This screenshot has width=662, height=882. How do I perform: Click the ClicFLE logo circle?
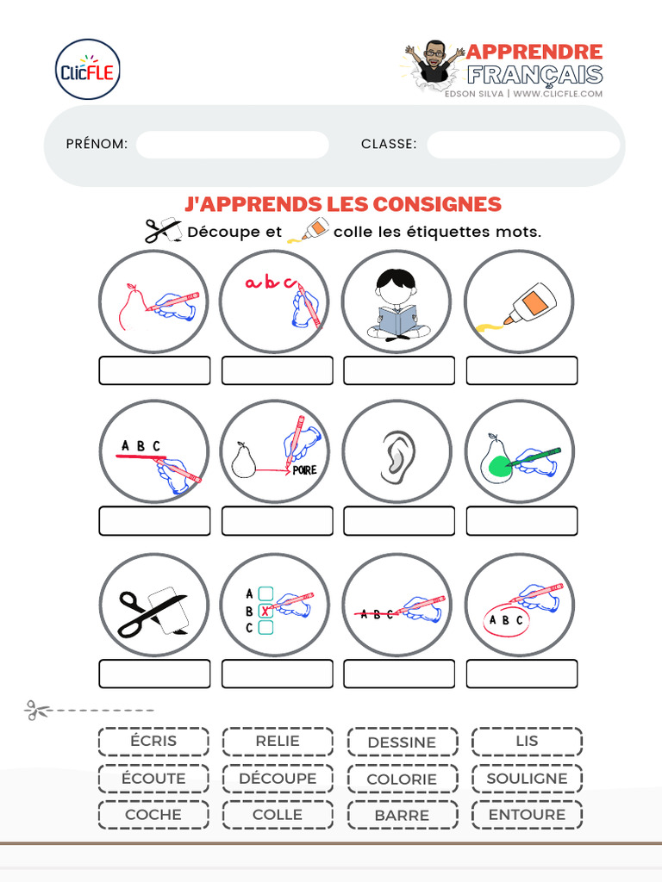point(87,70)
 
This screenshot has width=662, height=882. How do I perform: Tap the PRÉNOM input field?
point(232,145)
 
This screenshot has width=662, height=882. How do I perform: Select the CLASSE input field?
point(522,145)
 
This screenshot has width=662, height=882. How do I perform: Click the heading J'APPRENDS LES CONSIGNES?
point(342,204)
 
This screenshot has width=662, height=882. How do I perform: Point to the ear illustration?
point(397,451)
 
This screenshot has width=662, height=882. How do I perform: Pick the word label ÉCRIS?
point(153,741)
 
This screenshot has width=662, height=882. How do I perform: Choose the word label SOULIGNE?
point(527,779)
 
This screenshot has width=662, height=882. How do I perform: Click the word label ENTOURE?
point(527,815)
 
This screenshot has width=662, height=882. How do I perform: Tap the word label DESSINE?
point(402,742)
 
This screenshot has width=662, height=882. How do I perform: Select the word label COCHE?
point(153,815)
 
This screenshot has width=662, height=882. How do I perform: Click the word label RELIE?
point(278,741)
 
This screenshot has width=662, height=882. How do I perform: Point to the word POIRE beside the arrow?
point(304,470)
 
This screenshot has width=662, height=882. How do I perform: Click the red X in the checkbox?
point(265,611)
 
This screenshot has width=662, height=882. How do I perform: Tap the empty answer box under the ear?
point(399,521)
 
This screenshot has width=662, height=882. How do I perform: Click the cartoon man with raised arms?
point(434,60)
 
